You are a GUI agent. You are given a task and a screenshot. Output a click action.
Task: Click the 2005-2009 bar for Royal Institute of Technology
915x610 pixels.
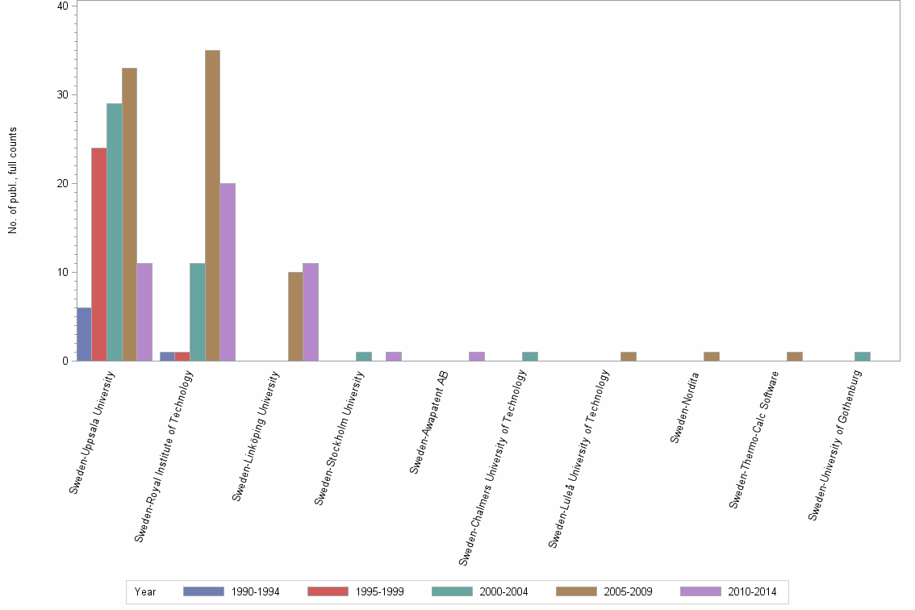[212, 206]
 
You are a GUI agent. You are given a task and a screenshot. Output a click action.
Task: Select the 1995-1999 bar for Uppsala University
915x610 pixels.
[98, 254]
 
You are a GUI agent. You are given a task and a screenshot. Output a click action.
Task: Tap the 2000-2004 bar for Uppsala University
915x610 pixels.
[114, 232]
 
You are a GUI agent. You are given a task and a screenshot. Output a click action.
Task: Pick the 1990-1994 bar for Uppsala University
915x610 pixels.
[84, 334]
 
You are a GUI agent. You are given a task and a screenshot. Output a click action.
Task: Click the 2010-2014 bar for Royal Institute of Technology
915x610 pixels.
[228, 272]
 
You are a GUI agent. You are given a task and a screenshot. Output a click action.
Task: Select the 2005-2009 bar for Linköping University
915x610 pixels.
[295, 316]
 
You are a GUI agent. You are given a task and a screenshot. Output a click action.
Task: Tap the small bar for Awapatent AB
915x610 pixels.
[477, 357]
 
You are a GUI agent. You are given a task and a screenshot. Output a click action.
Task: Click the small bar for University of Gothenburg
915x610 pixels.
[862, 357]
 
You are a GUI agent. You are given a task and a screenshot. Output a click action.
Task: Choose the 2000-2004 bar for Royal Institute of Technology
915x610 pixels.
[198, 312]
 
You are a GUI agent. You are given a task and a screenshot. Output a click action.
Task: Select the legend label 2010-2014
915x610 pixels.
[751, 592]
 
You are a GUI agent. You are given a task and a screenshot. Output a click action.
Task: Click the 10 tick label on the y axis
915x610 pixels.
[62, 272]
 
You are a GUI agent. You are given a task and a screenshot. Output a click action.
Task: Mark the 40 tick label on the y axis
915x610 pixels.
[62, 6]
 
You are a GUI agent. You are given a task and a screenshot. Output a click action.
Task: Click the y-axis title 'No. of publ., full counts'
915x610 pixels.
[13, 181]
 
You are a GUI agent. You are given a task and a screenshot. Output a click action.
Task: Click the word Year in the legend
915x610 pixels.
[145, 592]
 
